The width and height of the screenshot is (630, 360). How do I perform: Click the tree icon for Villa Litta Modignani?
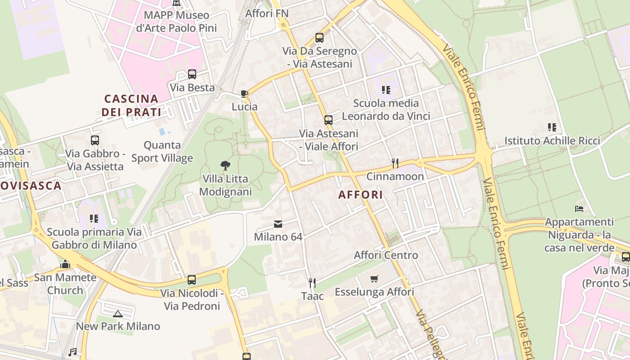[225, 166]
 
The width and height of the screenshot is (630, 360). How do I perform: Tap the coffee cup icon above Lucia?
[244, 94]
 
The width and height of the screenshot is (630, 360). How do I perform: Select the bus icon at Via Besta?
[192, 74]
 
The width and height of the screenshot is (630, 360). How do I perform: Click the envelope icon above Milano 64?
[278, 224]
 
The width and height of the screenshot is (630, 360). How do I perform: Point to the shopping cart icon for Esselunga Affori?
[374, 279]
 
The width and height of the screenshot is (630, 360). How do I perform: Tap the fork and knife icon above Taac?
[312, 283]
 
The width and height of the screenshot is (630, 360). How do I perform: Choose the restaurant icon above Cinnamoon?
[395, 163]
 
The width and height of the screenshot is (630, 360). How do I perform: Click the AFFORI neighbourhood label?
[360, 195]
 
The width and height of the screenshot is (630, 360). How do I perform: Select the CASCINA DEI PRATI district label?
[131, 105]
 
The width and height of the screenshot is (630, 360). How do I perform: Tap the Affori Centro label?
[386, 255]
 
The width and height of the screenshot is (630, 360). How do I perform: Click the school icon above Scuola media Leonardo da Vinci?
[386, 90]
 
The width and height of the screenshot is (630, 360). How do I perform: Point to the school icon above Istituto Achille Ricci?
[552, 127]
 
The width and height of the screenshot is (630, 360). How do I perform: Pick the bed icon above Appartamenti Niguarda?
[579, 209]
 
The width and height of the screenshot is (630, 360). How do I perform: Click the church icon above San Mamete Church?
[65, 264]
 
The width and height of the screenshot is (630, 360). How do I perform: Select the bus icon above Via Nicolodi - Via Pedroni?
[192, 280]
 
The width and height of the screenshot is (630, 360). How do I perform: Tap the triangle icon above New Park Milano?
[118, 314]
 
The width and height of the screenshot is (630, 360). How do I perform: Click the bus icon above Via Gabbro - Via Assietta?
[95, 140]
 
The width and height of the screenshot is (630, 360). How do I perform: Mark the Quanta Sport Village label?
[162, 152]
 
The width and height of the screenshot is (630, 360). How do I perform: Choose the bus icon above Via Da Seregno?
[319, 38]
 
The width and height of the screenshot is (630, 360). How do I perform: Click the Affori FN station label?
[267, 13]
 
